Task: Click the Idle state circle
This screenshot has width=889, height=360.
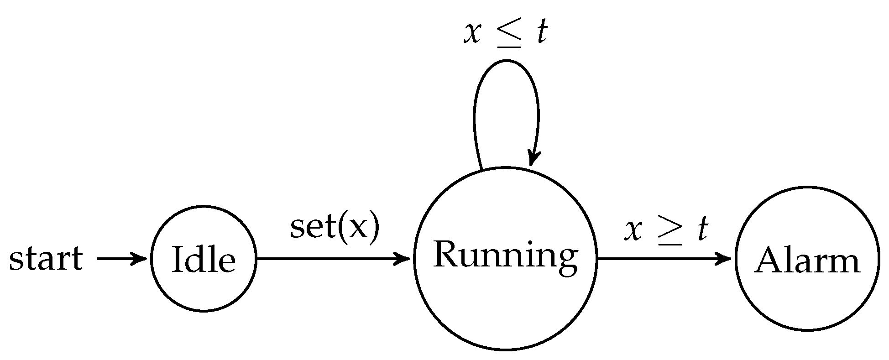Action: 204,259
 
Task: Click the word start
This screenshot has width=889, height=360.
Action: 46,259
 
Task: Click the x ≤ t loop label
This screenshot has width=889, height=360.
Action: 506,33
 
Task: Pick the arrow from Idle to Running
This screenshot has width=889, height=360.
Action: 333,259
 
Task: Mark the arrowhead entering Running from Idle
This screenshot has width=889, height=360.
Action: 404,259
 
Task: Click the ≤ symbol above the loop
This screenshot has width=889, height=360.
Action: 507,34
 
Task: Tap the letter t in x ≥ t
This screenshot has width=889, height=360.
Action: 701,229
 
